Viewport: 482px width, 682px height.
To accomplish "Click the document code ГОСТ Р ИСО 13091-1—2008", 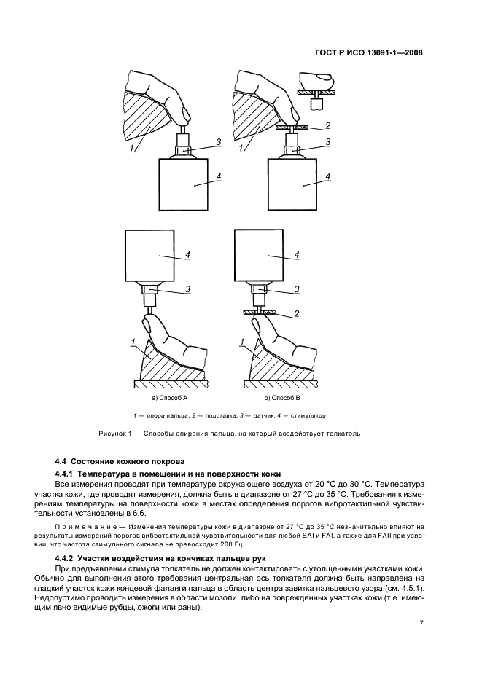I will (370, 52).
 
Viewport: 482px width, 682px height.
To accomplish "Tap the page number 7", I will (422, 623).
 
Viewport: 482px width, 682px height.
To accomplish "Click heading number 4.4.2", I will (67, 557).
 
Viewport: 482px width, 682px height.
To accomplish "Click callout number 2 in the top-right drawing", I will (328, 125).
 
